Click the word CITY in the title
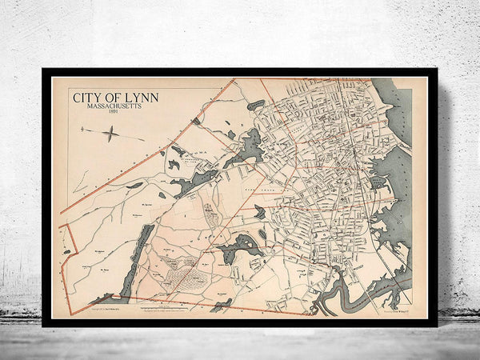pos(87,98)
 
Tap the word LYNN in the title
pos(142,98)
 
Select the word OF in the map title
pos(114,98)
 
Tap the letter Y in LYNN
pos(136,98)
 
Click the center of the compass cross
pos(111,135)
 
